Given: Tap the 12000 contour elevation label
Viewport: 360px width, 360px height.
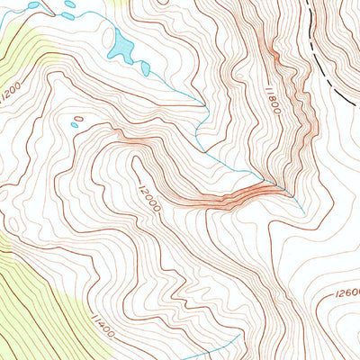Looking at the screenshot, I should pos(149,198).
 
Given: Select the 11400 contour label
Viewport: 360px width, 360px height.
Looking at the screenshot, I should pos(102,323).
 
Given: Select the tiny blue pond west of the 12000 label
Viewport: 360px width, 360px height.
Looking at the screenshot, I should pos(78,119).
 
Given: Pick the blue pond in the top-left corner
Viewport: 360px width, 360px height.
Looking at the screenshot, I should pos(33,5).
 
